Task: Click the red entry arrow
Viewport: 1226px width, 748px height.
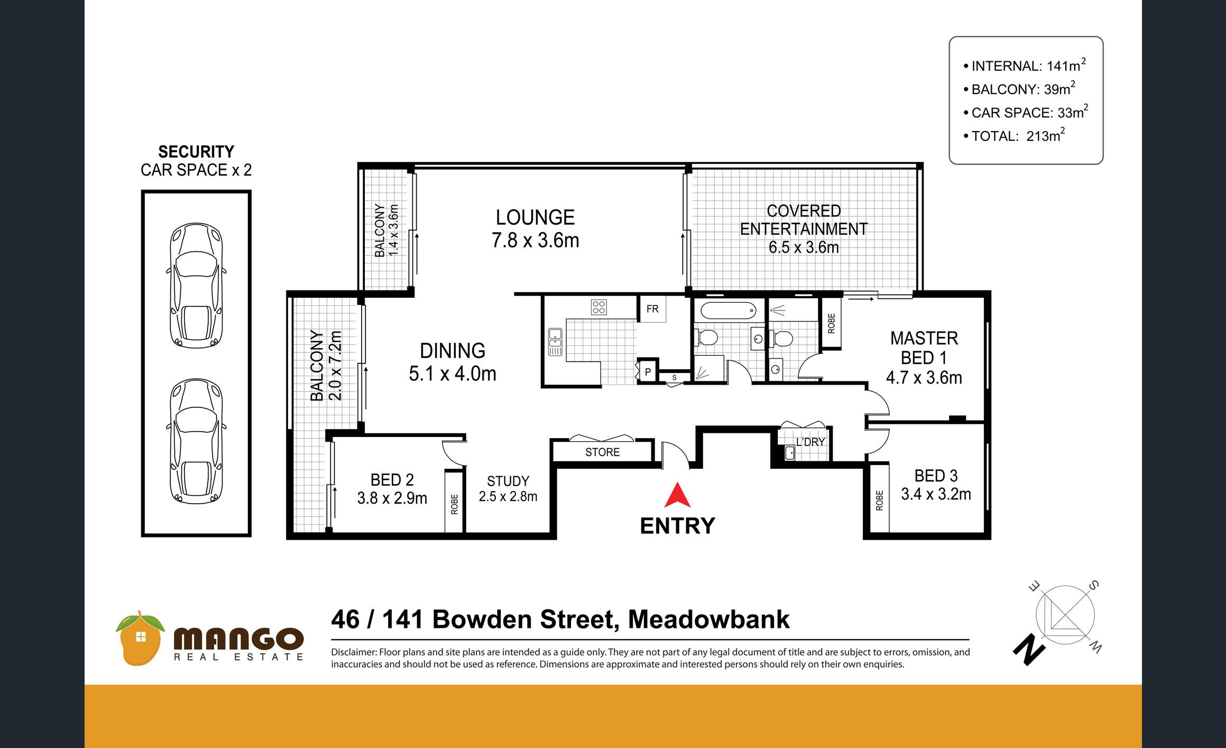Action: click(677, 496)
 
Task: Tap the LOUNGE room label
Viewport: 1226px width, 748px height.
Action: click(535, 217)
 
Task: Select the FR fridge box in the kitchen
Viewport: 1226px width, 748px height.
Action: click(652, 309)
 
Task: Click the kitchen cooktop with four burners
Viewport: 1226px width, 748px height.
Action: click(599, 307)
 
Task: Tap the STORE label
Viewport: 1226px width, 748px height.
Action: click(602, 452)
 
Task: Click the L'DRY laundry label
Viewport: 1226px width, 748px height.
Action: click(810, 442)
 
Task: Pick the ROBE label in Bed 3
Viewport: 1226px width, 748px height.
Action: click(879, 500)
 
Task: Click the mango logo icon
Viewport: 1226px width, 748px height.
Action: click(141, 637)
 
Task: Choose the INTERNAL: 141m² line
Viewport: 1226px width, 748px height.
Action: click(1025, 65)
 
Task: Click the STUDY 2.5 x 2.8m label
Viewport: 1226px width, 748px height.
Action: click(508, 489)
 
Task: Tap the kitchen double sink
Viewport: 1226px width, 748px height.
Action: click(555, 341)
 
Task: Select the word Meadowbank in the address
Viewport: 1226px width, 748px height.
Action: click(708, 619)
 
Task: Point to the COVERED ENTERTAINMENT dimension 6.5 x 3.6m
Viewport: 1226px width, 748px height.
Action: click(804, 247)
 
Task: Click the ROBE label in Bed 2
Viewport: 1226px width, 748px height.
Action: click(454, 504)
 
